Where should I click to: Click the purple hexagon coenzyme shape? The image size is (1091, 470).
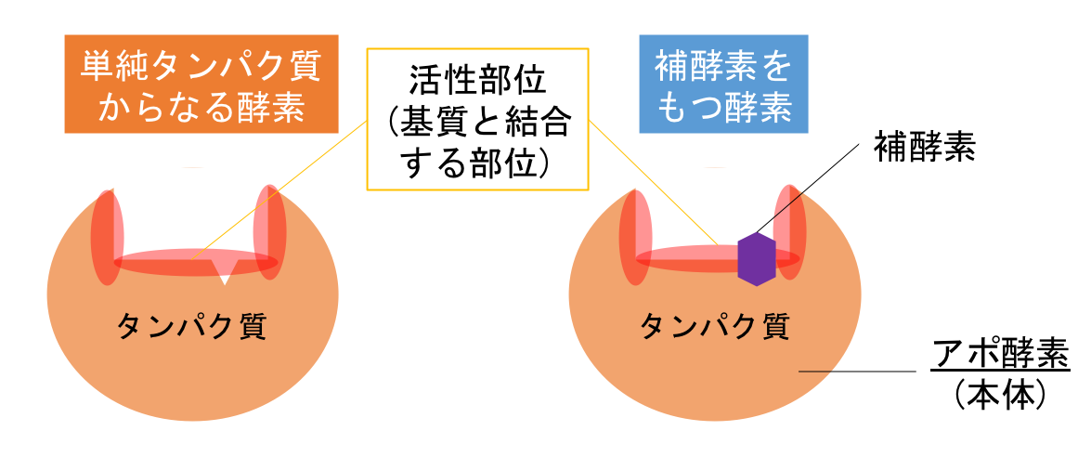tap(756, 259)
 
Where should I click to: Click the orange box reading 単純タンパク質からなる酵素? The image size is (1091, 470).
tap(201, 85)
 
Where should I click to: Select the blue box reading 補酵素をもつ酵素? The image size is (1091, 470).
tap(723, 85)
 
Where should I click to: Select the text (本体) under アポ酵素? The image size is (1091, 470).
tap(1000, 396)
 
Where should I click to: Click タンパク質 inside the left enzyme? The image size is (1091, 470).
tap(191, 326)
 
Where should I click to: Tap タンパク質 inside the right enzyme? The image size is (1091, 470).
tap(715, 326)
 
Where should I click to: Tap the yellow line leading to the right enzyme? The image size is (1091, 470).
tap(650, 186)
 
